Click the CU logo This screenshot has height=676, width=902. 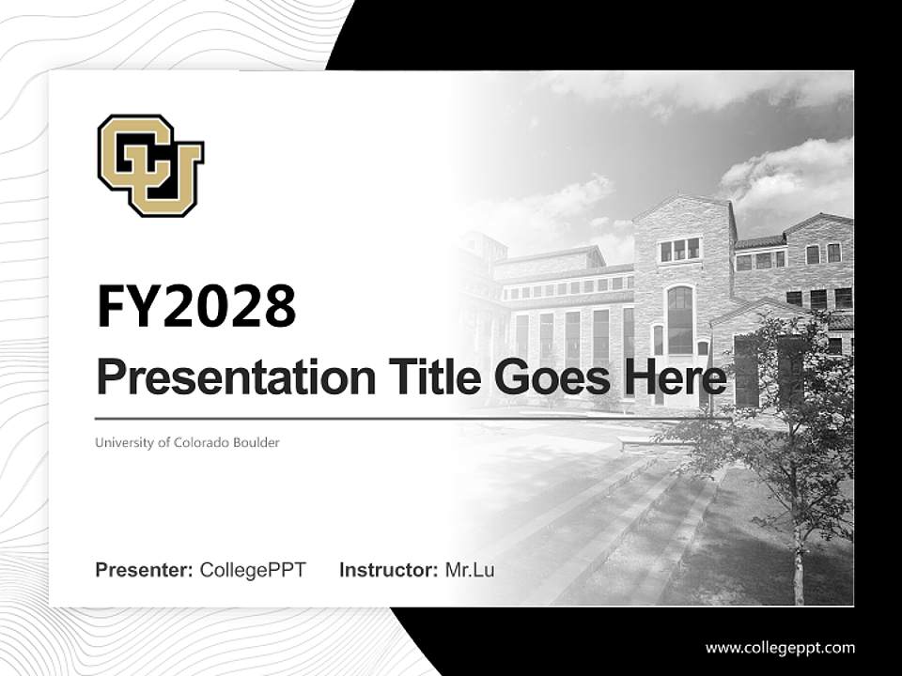coord(150,165)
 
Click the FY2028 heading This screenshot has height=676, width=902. coord(195,307)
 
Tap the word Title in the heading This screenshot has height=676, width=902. coord(418,378)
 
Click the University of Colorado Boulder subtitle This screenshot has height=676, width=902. coord(187,442)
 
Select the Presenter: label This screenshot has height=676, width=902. coord(144,570)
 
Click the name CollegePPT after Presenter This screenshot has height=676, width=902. coord(253,570)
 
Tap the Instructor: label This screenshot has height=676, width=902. coord(388,570)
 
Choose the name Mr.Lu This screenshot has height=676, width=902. coord(469,570)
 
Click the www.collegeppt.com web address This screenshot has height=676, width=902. coord(780,647)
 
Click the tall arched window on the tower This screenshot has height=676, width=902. coord(679,319)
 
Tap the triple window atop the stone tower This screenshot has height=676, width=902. coord(679,249)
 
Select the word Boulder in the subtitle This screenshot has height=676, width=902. coord(257,442)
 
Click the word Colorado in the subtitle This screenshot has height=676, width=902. coord(203,442)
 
